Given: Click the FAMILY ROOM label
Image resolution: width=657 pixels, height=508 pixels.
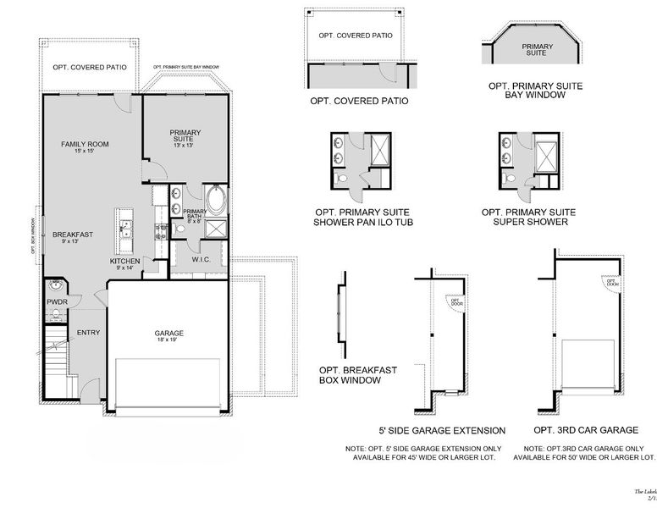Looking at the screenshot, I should coord(85,144).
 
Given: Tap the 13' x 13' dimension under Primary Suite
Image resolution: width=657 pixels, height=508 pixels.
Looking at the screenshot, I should coord(183,146).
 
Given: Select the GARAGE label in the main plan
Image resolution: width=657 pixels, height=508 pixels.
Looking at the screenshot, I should coord(168,333).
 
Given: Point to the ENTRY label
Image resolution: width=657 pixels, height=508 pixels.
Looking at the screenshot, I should coord(88,333).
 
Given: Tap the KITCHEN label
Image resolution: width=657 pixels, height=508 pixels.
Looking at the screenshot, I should coord(124,261).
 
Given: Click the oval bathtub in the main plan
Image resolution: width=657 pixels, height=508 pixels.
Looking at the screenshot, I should coord(216,202).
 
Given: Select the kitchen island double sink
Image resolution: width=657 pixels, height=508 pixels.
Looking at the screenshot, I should coord(124,226).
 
